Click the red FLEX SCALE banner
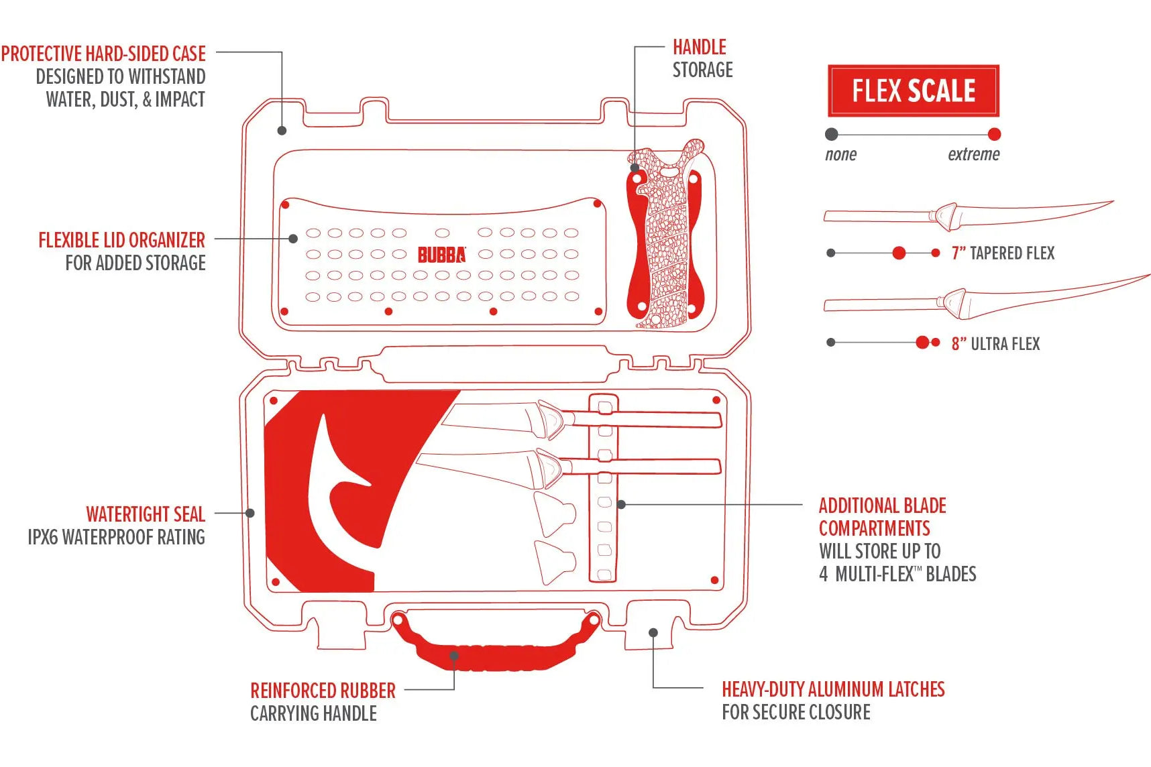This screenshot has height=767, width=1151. (913, 91)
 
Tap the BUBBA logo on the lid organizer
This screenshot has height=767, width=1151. (441, 255)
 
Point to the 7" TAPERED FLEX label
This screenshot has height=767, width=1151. (1003, 253)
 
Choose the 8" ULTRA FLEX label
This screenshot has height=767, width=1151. (995, 344)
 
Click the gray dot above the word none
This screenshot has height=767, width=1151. (832, 134)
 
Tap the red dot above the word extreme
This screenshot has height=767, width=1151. (994, 134)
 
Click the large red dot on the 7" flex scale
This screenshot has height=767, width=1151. (899, 253)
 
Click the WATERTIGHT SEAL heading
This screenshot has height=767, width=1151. (145, 514)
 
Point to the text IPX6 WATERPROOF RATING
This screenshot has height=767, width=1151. (116, 537)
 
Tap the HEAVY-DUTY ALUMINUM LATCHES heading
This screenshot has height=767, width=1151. (832, 689)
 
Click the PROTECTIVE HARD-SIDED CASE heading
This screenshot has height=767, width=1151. (103, 54)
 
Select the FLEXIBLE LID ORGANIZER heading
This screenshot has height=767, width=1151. (121, 240)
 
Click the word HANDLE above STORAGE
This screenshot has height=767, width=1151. (699, 47)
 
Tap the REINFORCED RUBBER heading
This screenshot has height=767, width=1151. (323, 691)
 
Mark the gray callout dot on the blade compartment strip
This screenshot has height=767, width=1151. (621, 504)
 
